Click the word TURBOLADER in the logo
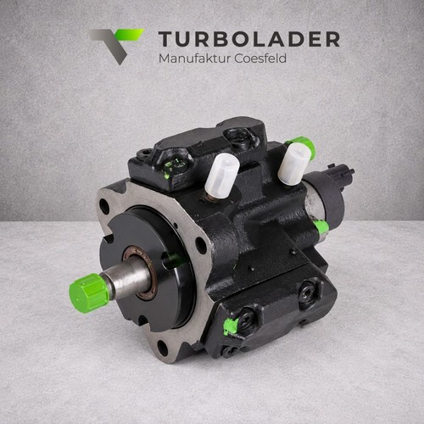tap(249, 39)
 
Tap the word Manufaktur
tap(194, 59)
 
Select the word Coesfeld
tap(260, 59)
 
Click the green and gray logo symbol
tap(115, 46)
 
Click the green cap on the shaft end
tap(88, 292)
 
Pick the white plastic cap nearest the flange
tap(221, 176)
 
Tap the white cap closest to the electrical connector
tap(293, 164)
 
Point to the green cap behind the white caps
tap(304, 145)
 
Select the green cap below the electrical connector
tap(321, 228)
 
